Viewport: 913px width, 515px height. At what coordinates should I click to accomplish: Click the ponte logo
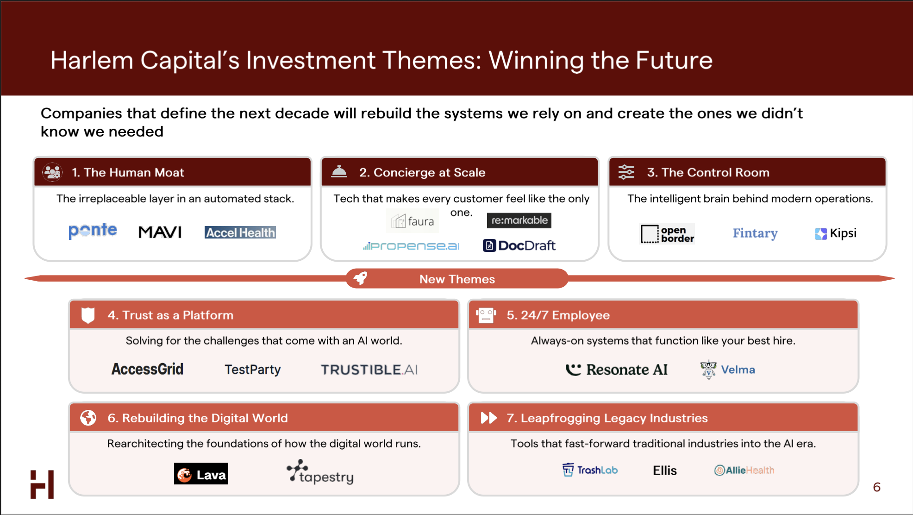93,231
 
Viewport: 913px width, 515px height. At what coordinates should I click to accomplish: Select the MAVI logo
160,232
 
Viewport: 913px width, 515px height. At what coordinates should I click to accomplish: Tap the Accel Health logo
240,232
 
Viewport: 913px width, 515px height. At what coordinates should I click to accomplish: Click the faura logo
413,221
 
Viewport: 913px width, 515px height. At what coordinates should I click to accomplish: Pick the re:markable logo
519,220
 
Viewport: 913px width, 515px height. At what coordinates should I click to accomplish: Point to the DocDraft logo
519,245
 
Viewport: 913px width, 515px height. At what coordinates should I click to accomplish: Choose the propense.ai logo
411,246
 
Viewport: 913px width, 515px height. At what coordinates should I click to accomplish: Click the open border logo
667,234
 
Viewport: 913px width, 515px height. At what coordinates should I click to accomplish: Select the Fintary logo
755,233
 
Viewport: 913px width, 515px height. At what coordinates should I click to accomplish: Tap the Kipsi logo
836,233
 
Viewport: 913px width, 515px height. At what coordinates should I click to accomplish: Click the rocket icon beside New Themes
360,278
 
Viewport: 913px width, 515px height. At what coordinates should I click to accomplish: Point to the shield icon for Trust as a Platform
88,315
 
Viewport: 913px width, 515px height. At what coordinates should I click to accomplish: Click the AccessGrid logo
147,369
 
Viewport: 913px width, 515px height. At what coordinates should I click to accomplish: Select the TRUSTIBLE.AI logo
369,370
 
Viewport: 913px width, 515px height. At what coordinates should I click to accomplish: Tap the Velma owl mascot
708,370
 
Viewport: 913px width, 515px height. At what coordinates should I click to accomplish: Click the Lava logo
201,474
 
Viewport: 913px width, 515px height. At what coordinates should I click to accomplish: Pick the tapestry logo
320,472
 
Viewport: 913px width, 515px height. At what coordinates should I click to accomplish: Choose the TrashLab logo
590,470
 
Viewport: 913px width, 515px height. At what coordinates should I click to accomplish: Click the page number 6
876,487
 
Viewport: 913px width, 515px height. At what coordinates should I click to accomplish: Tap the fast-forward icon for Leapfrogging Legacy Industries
489,418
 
